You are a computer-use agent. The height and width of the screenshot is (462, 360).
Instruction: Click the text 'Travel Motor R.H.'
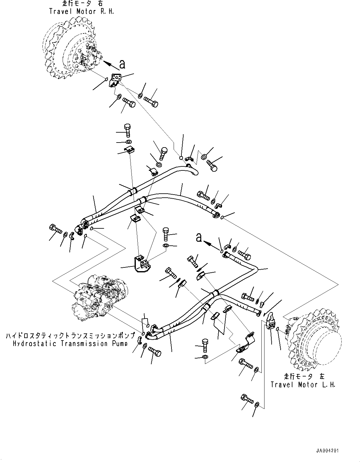82,11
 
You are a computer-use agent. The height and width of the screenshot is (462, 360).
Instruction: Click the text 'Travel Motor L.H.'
303,385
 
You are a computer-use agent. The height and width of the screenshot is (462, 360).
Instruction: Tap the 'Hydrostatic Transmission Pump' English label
70,344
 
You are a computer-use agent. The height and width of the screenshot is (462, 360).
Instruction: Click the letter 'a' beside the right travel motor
122,64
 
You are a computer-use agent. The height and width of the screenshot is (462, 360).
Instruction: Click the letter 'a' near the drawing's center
198,238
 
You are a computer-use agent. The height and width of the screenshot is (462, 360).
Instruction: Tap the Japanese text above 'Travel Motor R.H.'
82,4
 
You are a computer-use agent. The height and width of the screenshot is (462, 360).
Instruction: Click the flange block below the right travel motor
115,79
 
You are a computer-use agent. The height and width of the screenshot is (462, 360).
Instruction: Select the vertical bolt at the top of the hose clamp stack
127,130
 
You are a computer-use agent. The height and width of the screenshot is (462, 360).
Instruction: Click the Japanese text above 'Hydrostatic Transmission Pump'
70,336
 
